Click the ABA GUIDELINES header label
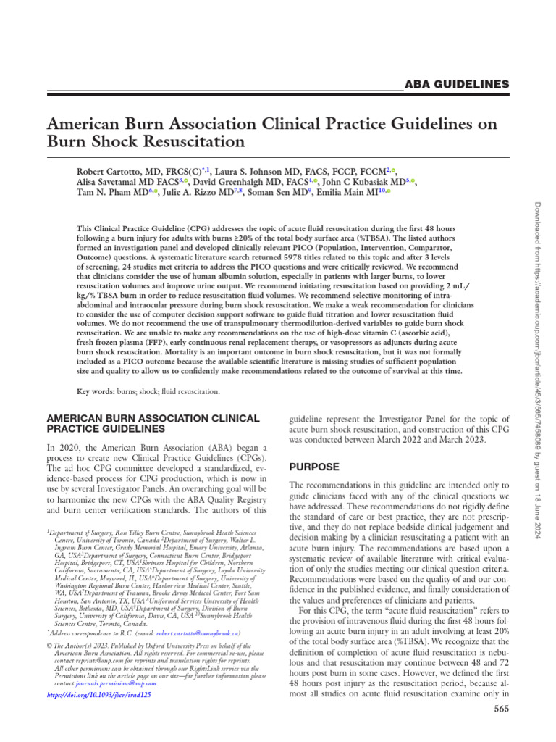(456, 85)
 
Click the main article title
(271, 131)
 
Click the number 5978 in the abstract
(314, 254)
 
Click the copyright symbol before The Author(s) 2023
(49, 664)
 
